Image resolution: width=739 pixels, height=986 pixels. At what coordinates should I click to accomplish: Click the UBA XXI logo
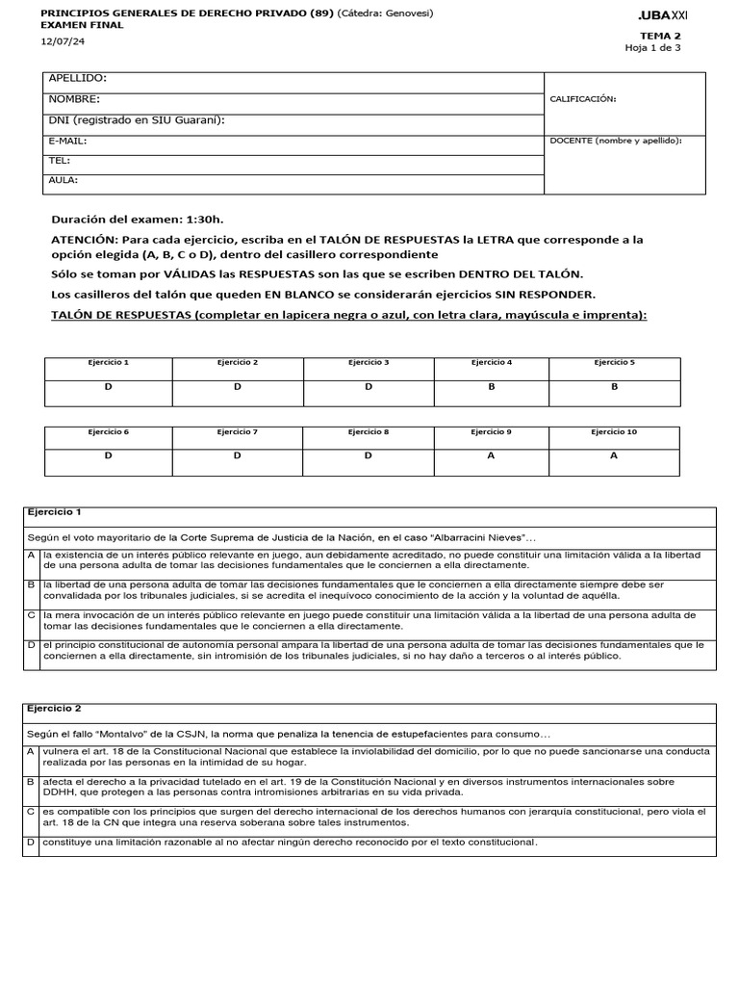[x=663, y=16]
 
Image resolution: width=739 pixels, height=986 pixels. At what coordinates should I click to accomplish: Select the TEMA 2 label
[x=660, y=36]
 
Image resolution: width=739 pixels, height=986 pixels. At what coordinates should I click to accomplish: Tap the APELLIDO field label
[x=78, y=78]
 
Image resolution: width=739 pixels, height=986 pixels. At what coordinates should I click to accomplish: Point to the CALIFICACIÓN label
[x=583, y=99]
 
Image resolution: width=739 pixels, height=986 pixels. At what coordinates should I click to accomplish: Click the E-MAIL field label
[x=67, y=141]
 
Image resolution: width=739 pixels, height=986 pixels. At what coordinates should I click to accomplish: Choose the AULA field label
[x=64, y=180]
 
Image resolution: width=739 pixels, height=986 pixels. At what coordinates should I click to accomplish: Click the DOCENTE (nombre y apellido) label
[x=615, y=141]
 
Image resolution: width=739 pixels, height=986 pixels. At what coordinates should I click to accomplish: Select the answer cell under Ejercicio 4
[x=491, y=386]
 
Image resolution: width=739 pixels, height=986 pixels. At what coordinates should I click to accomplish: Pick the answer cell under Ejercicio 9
[x=491, y=455]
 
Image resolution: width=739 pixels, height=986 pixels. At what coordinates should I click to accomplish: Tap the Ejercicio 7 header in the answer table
[x=237, y=432]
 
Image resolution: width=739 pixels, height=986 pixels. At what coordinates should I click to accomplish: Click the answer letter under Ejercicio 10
[x=614, y=455]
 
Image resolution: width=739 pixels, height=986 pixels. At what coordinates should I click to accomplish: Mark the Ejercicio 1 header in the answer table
[x=108, y=362]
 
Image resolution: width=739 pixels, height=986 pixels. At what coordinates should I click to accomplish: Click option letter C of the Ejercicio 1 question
[x=31, y=614]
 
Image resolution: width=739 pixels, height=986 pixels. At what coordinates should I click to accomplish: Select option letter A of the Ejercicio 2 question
[x=31, y=750]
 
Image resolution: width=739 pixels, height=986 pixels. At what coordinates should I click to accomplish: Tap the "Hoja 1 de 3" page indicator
[x=652, y=47]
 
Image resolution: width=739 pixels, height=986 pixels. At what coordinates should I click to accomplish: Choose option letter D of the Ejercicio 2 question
[x=31, y=842]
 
